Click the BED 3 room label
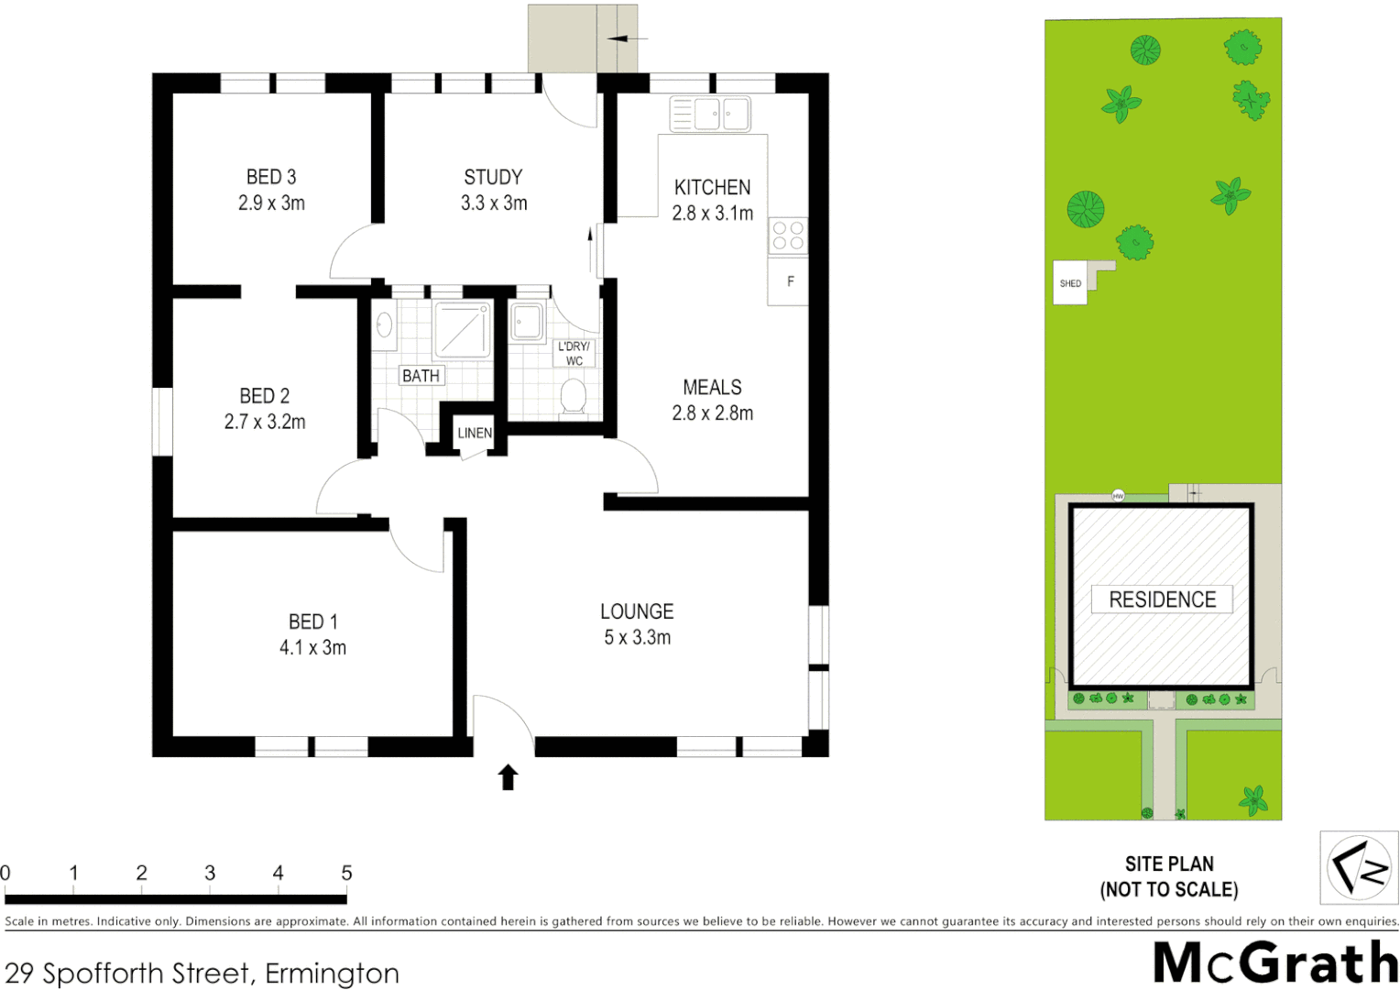coord(271,177)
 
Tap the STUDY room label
coord(493,177)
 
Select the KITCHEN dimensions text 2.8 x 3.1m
coord(712,214)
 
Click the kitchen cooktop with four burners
coord(788,236)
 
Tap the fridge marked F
coord(790,281)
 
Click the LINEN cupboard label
coord(475,433)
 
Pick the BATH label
coord(421,376)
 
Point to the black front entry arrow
coord(508,776)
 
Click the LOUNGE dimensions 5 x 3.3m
coord(637,638)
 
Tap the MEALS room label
coord(712,388)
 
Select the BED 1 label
coord(312,621)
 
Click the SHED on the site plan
coord(1070,284)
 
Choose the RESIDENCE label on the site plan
coord(1162,599)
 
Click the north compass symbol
coord(1358,866)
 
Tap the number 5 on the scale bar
coord(346,874)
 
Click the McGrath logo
coord(1274,962)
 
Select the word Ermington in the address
coord(332,973)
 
